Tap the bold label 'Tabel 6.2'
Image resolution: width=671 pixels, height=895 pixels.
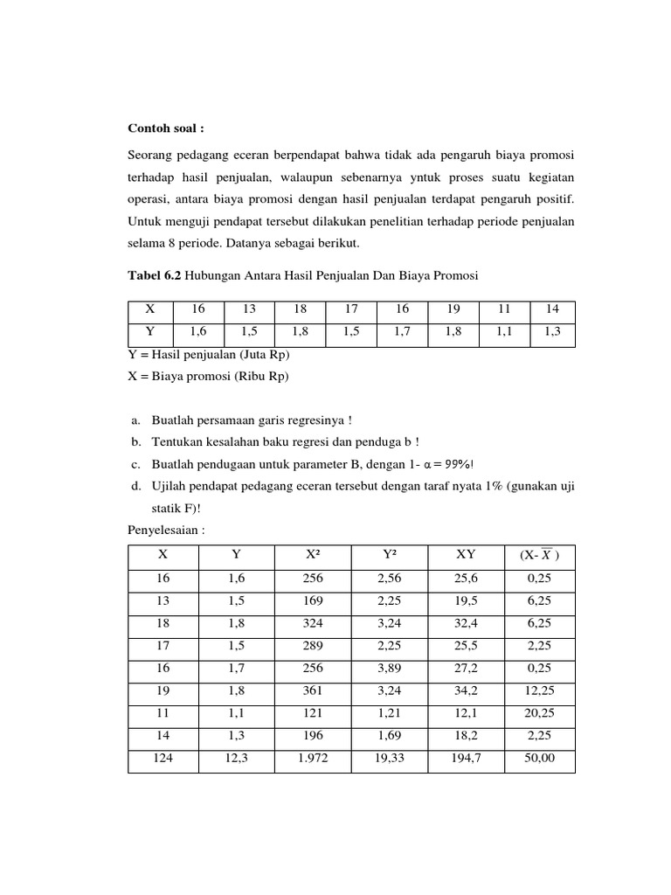click(156, 276)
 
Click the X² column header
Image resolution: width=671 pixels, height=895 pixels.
click(312, 555)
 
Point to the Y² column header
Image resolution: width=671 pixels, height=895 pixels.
click(390, 555)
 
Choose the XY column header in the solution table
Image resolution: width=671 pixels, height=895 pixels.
click(467, 555)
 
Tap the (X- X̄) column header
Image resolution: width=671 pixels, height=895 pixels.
click(539, 555)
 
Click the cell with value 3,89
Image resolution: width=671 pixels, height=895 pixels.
click(390, 669)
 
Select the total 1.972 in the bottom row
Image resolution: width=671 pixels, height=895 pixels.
click(312, 760)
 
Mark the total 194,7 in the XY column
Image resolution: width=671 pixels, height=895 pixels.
click(467, 760)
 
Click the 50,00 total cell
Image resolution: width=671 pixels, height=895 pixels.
click(539, 760)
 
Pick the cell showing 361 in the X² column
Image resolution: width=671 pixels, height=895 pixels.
click(312, 691)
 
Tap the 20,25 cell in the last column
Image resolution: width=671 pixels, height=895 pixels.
click(539, 714)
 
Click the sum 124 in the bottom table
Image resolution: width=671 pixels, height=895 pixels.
click(163, 760)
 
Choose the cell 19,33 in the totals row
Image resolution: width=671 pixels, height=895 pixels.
click(390, 760)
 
